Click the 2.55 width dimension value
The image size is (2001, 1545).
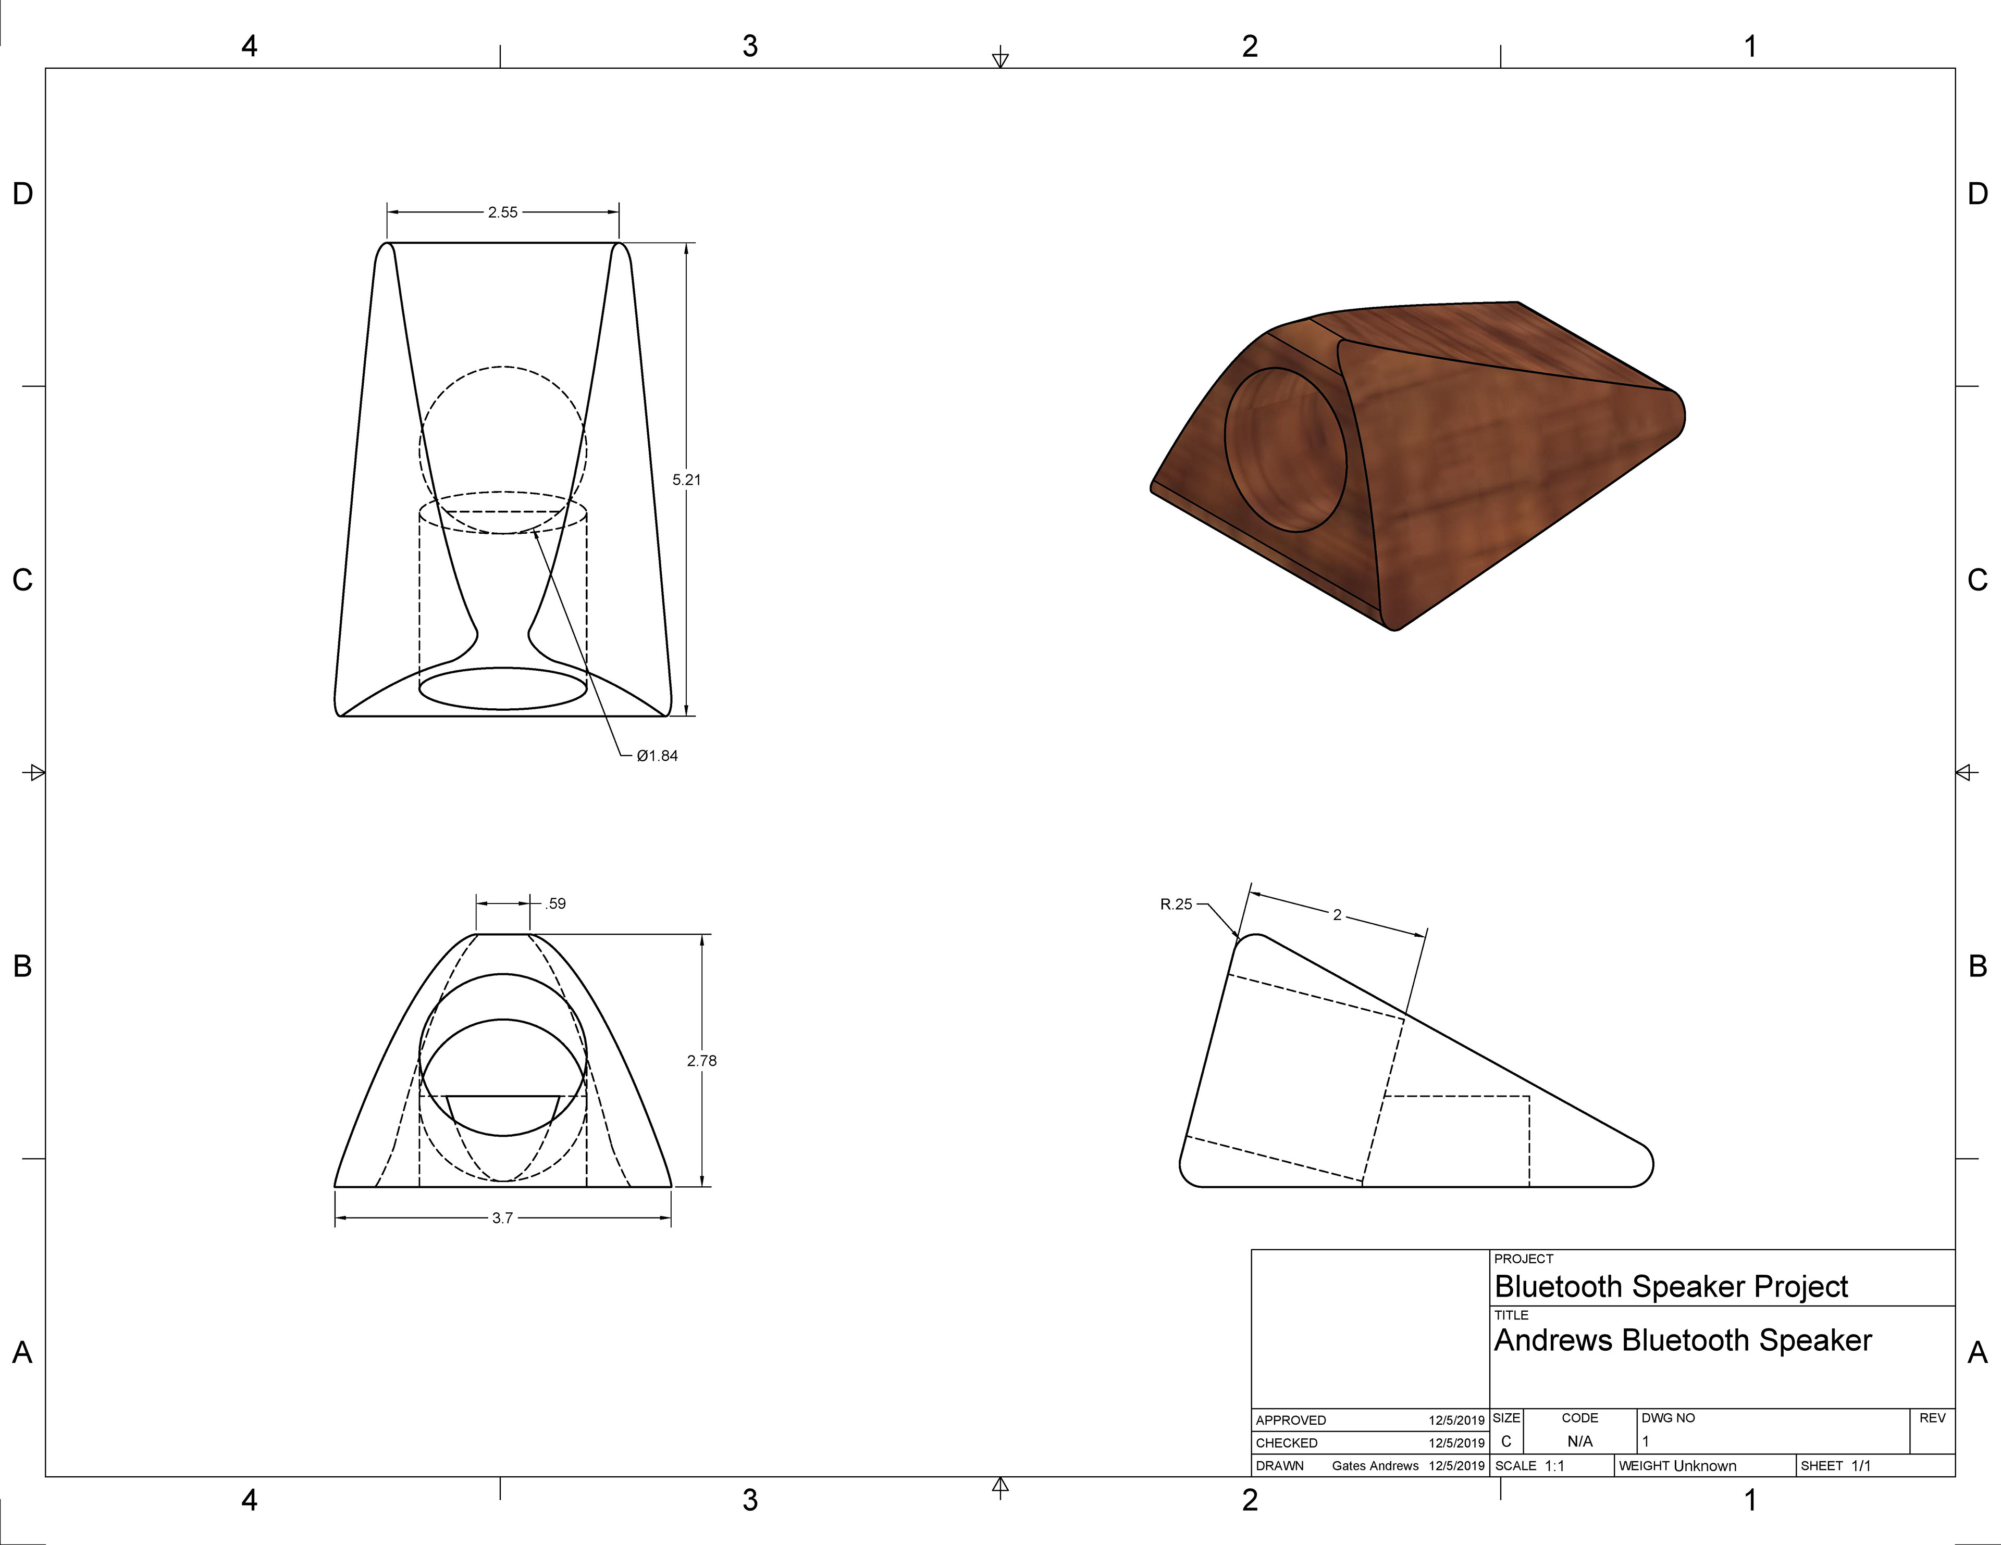(x=502, y=212)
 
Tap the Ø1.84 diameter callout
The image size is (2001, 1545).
(x=657, y=756)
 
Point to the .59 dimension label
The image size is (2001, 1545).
(x=555, y=904)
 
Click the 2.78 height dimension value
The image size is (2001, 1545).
(x=702, y=1061)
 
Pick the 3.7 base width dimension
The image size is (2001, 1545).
(x=502, y=1218)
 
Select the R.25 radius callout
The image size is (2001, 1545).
(x=1177, y=905)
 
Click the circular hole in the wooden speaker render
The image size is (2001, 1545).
(x=1286, y=450)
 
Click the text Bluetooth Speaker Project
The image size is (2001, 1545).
(x=1671, y=1287)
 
